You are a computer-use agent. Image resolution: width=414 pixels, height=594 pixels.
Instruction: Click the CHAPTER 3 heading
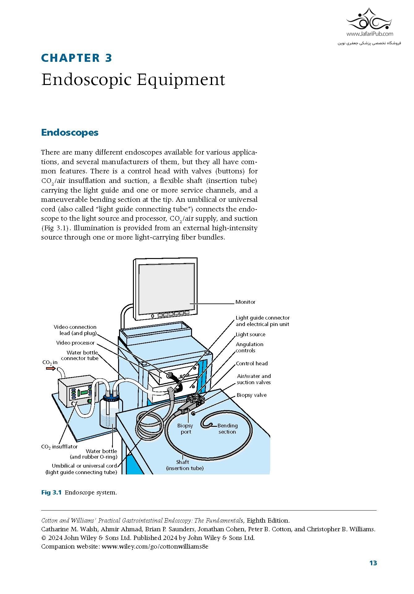click(x=76, y=58)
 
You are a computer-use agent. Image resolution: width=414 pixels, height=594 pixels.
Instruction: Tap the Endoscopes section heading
click(x=70, y=133)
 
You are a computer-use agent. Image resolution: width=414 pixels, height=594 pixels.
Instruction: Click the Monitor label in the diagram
click(x=245, y=302)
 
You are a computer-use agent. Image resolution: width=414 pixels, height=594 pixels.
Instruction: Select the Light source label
click(x=250, y=334)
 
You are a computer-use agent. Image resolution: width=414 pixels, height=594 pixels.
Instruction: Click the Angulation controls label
click(x=249, y=347)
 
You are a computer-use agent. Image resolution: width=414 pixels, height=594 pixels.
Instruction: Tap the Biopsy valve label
click(x=251, y=395)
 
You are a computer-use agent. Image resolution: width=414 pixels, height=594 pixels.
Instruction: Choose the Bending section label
click(x=227, y=429)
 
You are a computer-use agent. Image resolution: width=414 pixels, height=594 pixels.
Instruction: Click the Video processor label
click(x=75, y=343)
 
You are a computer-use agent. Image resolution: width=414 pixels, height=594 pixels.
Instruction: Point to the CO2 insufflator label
click(x=59, y=447)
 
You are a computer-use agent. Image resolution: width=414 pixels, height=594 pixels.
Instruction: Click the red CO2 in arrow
click(x=51, y=368)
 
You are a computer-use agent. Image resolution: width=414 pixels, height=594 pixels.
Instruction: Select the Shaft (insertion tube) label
click(x=185, y=465)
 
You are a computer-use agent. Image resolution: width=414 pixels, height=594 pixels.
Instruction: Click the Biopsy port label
click(x=185, y=429)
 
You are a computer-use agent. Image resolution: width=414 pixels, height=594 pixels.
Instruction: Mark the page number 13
click(x=373, y=563)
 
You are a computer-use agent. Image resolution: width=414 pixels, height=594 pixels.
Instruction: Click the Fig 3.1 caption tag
click(x=51, y=492)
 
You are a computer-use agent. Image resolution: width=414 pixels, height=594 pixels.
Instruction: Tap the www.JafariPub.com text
click(x=370, y=34)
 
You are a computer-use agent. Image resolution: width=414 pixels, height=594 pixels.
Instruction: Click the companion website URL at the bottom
click(x=155, y=546)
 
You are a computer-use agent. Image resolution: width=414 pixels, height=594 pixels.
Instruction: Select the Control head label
click(x=252, y=363)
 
